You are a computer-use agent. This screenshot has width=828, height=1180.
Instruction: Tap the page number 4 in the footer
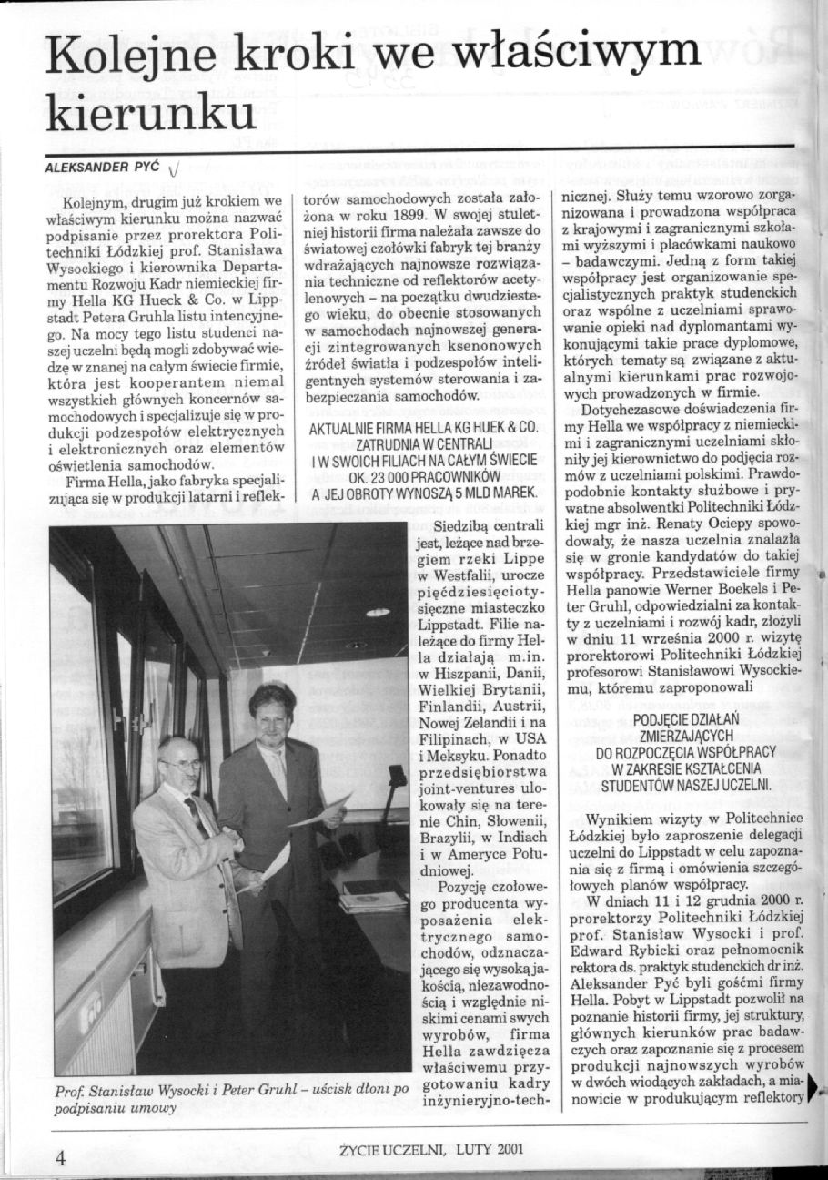[61, 1156]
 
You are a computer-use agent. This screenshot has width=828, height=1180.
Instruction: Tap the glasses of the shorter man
[183, 765]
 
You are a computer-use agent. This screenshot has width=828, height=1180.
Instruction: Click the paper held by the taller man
[320, 810]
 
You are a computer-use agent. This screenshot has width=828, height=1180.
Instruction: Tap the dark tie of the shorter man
[195, 812]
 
